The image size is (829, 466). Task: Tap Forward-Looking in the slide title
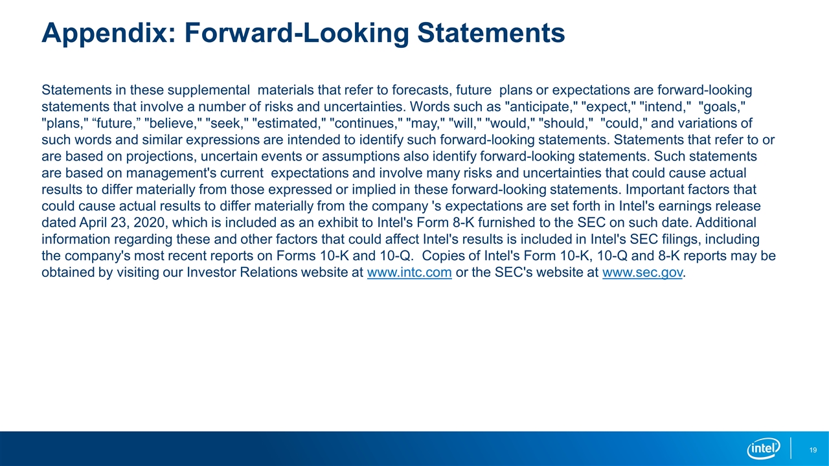pos(297,34)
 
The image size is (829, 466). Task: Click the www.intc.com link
pos(409,272)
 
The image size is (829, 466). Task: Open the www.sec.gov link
pos(642,272)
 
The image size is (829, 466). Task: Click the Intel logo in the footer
pos(764,449)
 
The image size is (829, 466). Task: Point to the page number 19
pos(813,450)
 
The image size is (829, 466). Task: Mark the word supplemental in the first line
pos(209,90)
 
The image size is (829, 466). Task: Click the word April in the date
pos(93,223)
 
